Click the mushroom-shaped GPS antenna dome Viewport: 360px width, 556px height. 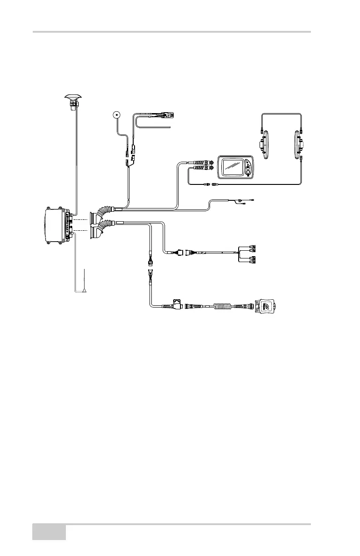(x=72, y=96)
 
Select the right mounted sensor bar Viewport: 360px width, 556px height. (x=299, y=145)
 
